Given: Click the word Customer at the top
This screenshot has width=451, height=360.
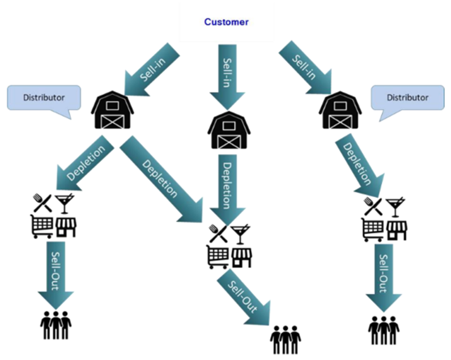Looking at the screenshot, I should pos(226,22).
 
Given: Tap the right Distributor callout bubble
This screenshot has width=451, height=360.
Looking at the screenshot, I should pos(407,98).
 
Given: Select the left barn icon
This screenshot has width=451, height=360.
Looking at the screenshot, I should pos(112,111).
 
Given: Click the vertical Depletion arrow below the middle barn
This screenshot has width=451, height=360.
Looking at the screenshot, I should pos(228,184).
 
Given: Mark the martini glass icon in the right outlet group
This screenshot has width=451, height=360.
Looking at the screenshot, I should pos(395,206).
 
